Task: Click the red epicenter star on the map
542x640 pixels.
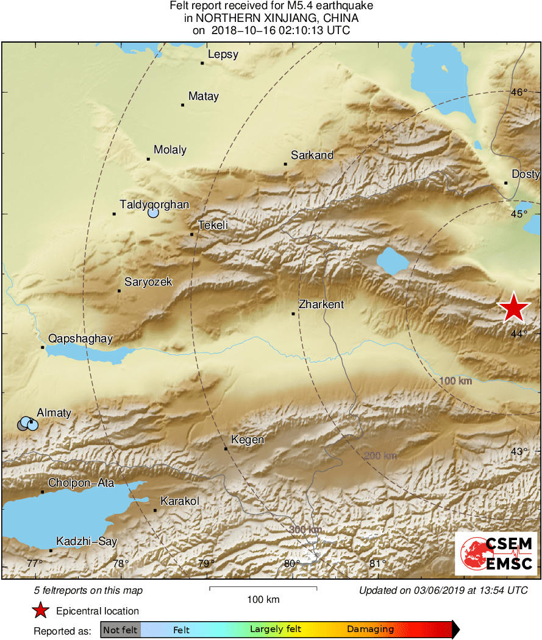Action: [514, 308]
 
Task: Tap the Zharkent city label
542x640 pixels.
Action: [321, 304]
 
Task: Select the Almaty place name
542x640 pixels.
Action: [54, 413]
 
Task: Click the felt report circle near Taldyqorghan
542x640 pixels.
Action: [153, 213]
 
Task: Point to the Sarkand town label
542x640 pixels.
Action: [312, 155]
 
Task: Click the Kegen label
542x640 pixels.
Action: [248, 440]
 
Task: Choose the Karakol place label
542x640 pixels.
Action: [180, 501]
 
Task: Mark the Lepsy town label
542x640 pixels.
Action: [223, 55]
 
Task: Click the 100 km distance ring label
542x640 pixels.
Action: [456, 381]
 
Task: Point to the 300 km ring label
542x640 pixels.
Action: [305, 530]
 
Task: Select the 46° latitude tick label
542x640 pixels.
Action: [519, 93]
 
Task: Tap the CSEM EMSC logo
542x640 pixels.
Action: [496, 553]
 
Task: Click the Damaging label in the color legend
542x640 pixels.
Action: [371, 629]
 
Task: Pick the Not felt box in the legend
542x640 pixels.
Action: [121, 629]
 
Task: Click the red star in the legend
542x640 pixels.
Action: [40, 611]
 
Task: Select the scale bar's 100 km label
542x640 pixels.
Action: [263, 600]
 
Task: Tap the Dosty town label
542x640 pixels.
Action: [526, 174]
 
